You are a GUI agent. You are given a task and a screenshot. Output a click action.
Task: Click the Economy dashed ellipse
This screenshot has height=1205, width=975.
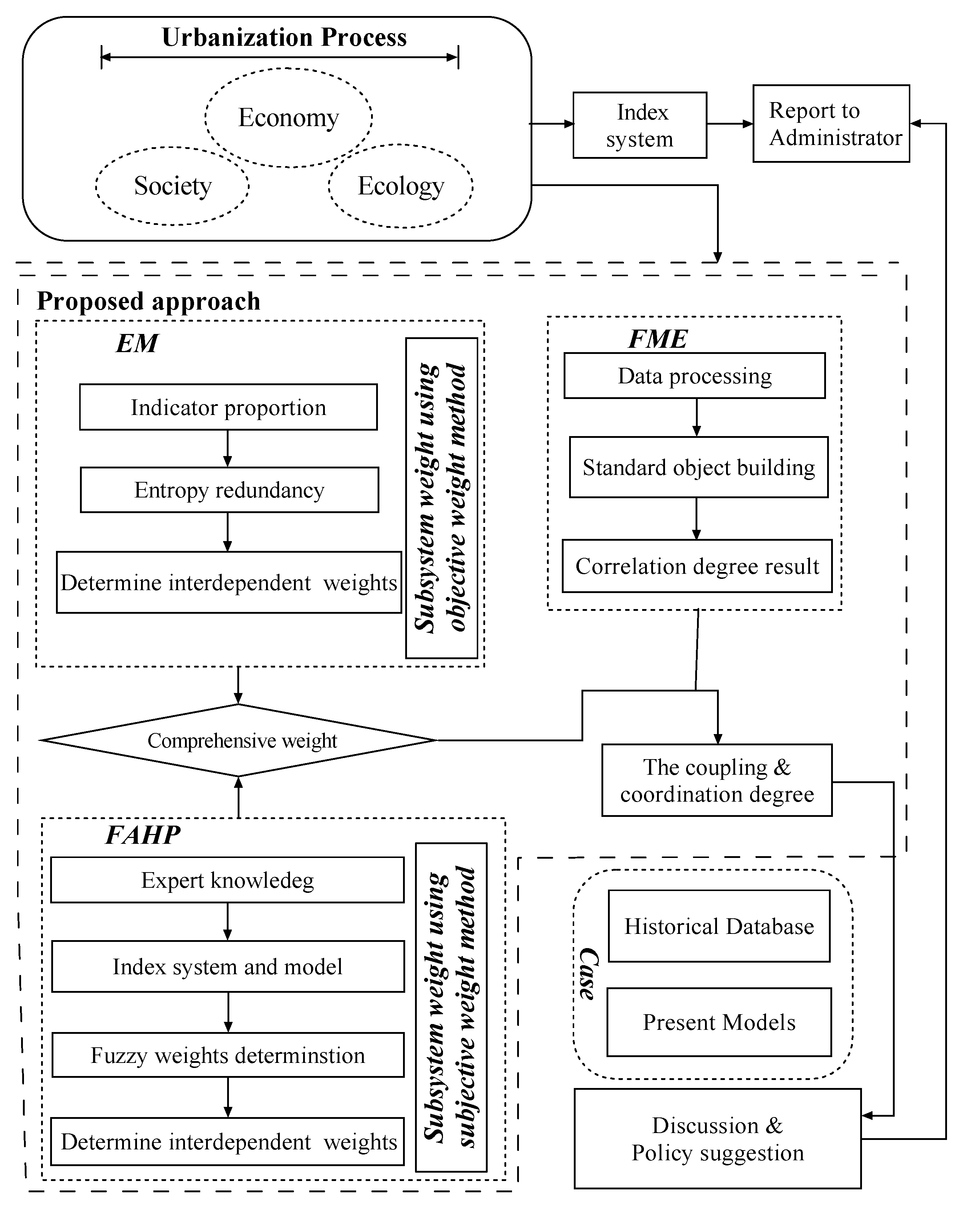point(288,118)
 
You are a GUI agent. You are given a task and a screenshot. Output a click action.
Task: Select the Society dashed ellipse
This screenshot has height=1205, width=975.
point(172,186)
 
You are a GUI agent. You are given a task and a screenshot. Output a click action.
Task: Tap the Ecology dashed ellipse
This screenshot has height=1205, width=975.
point(400,186)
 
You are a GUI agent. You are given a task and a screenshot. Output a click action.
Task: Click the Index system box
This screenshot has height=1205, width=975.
point(639,125)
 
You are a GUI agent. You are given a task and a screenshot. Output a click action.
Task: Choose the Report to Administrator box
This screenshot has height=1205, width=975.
point(831,124)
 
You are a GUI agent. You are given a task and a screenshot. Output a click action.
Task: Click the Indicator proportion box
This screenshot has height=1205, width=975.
point(228,407)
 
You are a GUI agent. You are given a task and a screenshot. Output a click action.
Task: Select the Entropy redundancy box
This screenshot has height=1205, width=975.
point(229,489)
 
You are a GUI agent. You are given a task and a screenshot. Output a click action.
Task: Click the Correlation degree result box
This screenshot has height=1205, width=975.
point(697,566)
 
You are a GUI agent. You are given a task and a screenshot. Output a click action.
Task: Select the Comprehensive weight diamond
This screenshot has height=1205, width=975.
point(239,740)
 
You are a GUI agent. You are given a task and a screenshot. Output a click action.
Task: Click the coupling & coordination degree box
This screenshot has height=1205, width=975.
point(717,780)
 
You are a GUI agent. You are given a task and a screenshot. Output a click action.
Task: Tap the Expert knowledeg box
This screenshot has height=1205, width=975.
point(227,880)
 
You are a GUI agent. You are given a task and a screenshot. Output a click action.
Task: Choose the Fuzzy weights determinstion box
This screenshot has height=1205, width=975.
point(227,1055)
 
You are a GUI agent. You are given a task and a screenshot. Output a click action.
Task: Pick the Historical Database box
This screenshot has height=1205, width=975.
point(719,927)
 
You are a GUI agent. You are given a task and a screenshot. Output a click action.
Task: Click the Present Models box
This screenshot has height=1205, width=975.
point(719,1022)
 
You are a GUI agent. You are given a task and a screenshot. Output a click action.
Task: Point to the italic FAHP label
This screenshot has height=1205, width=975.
point(143,835)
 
